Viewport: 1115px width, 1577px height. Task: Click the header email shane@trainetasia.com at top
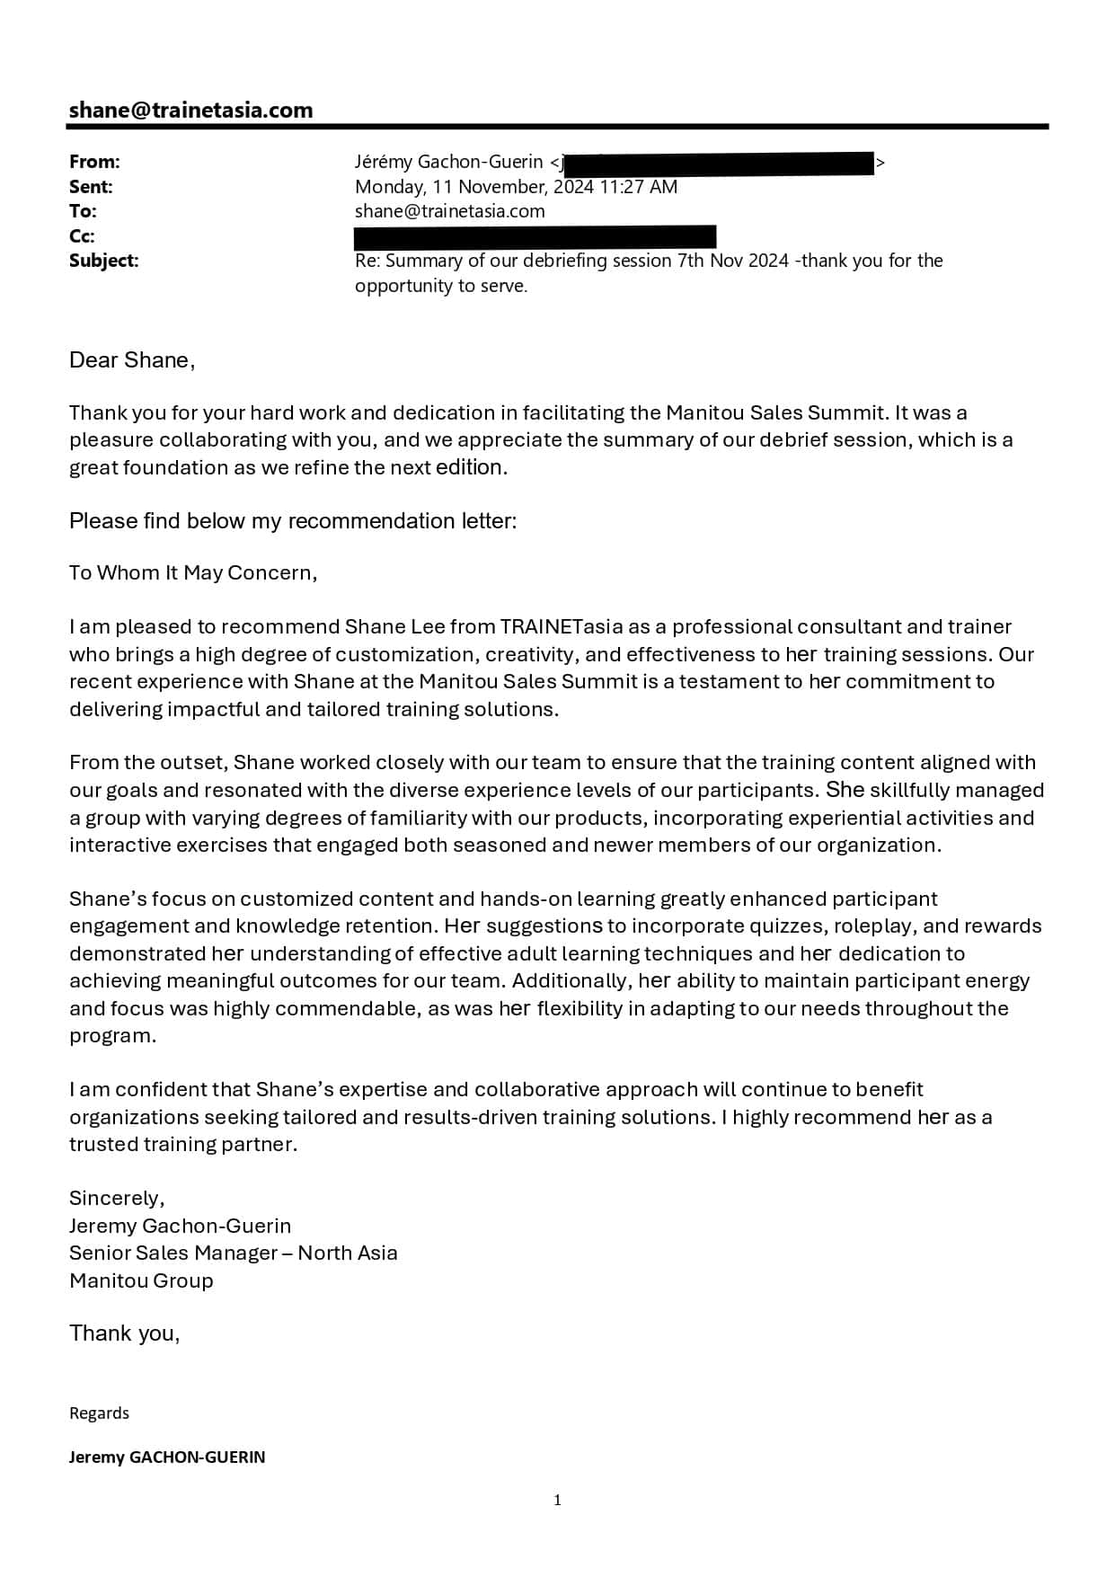tap(190, 111)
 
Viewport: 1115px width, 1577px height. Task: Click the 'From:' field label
tap(94, 162)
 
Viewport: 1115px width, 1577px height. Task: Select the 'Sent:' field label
tap(91, 187)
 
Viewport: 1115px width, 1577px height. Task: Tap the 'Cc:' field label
tap(82, 236)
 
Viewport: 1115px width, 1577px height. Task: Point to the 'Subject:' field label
tap(104, 261)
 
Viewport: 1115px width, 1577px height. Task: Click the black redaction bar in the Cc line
tap(535, 237)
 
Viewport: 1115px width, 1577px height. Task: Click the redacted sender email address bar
tap(719, 163)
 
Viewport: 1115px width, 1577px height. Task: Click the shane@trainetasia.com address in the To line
tap(449, 211)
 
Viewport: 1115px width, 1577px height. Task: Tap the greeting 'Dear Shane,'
tap(132, 360)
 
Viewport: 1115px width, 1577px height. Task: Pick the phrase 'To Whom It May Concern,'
tap(193, 573)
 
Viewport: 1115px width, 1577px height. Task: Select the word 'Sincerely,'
tap(117, 1198)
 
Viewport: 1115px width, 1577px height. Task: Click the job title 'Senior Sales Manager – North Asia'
tap(233, 1253)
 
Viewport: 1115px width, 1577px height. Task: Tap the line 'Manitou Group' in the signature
tap(141, 1280)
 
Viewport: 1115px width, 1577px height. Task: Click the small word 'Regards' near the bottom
tap(99, 1413)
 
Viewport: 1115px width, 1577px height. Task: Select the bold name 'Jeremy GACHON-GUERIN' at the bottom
tap(167, 1457)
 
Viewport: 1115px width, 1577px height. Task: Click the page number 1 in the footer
tap(557, 1500)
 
